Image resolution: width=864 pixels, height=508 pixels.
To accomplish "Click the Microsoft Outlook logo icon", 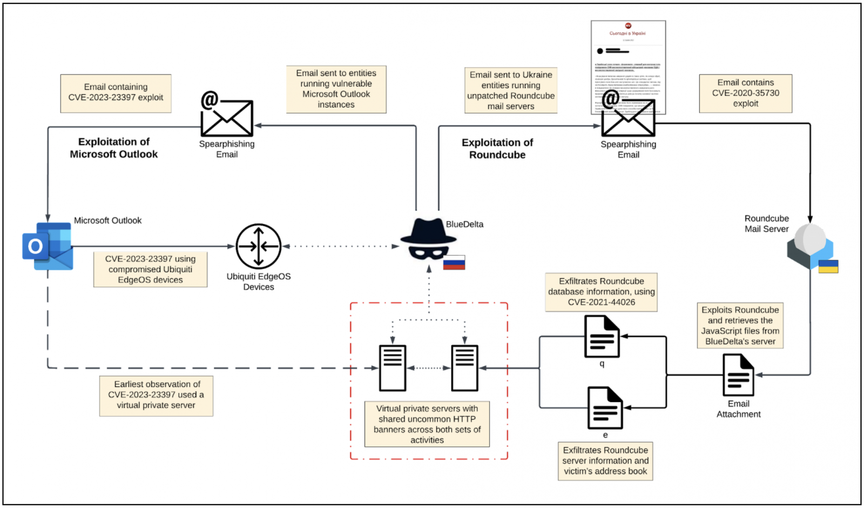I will (48, 246).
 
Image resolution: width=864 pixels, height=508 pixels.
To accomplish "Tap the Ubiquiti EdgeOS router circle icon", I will (259, 246).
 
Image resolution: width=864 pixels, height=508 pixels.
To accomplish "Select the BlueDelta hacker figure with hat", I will (428, 240).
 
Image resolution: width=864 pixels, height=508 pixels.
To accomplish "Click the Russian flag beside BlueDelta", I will (454, 263).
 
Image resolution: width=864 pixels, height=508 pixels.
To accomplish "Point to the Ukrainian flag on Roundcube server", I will (828, 266).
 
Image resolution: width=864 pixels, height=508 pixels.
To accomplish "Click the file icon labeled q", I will (602, 337).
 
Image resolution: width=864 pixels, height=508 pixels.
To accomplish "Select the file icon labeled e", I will (605, 408).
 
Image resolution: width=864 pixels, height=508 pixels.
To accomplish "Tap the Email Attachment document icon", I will (738, 375).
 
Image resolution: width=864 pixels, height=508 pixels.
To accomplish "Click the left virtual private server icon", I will (393, 368).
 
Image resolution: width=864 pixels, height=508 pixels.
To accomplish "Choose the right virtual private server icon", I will (464, 368).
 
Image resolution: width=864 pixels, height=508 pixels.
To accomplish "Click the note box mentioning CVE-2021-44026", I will (601, 292).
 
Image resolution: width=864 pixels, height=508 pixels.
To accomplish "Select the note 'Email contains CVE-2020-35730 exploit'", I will (745, 93).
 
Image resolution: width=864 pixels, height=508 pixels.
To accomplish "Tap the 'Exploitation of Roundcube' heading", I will (497, 149).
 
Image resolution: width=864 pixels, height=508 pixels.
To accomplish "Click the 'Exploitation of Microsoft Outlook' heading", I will (113, 148).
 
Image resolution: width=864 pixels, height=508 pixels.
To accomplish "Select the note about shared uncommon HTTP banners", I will (427, 424).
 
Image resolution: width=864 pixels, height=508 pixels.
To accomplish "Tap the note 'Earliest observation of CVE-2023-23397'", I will (156, 395).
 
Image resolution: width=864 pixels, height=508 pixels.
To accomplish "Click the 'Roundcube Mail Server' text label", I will (766, 224).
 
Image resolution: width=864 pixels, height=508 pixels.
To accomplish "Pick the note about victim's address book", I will (605, 460).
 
